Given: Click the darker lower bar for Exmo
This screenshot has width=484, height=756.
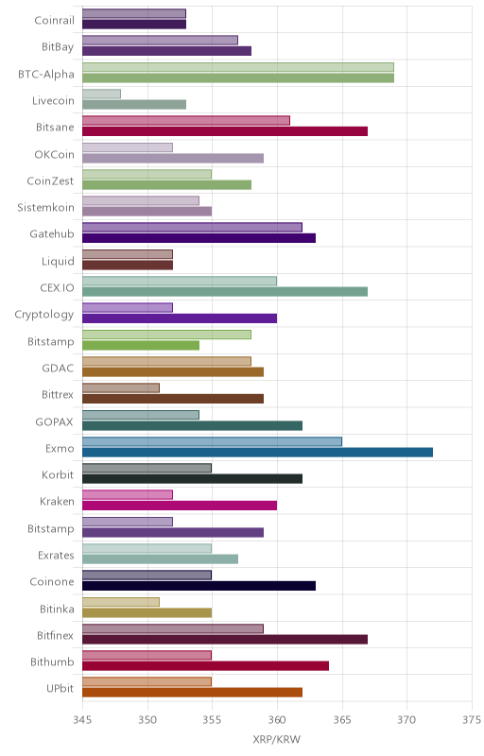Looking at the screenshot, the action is [x=257, y=453].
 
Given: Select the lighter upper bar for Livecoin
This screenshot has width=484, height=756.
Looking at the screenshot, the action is [x=101, y=94].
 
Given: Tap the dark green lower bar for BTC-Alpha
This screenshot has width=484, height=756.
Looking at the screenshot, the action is [x=238, y=78].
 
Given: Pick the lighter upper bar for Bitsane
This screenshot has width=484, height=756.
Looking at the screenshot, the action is [x=186, y=121].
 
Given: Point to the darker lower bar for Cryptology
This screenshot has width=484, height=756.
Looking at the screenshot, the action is [x=180, y=318].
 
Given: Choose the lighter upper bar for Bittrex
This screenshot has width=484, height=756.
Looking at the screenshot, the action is [x=120, y=388].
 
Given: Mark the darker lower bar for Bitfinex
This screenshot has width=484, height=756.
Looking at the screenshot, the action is [x=225, y=640].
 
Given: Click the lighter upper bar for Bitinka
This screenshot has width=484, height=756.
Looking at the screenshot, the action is [x=120, y=602].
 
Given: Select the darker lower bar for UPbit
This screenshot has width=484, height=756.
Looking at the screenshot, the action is [x=192, y=693].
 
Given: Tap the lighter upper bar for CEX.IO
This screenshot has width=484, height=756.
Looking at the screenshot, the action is [x=180, y=281].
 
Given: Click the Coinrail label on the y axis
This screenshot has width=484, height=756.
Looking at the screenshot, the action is [x=55, y=20].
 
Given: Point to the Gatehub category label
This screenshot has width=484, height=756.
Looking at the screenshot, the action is [x=52, y=233].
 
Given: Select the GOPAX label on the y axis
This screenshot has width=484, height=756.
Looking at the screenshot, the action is [x=55, y=421].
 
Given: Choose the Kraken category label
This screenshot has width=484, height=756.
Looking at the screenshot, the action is [x=57, y=502].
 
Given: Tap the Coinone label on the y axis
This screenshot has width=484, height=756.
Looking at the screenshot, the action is [x=52, y=581].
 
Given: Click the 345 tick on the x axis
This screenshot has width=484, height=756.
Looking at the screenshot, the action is [x=82, y=720].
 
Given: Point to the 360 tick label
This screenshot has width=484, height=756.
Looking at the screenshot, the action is [x=277, y=720].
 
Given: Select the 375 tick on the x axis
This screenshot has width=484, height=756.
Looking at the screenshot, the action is [x=472, y=720].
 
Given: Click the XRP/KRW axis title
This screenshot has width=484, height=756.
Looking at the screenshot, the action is [x=277, y=739].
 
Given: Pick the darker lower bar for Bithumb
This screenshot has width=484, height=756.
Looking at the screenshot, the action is [x=205, y=666].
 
